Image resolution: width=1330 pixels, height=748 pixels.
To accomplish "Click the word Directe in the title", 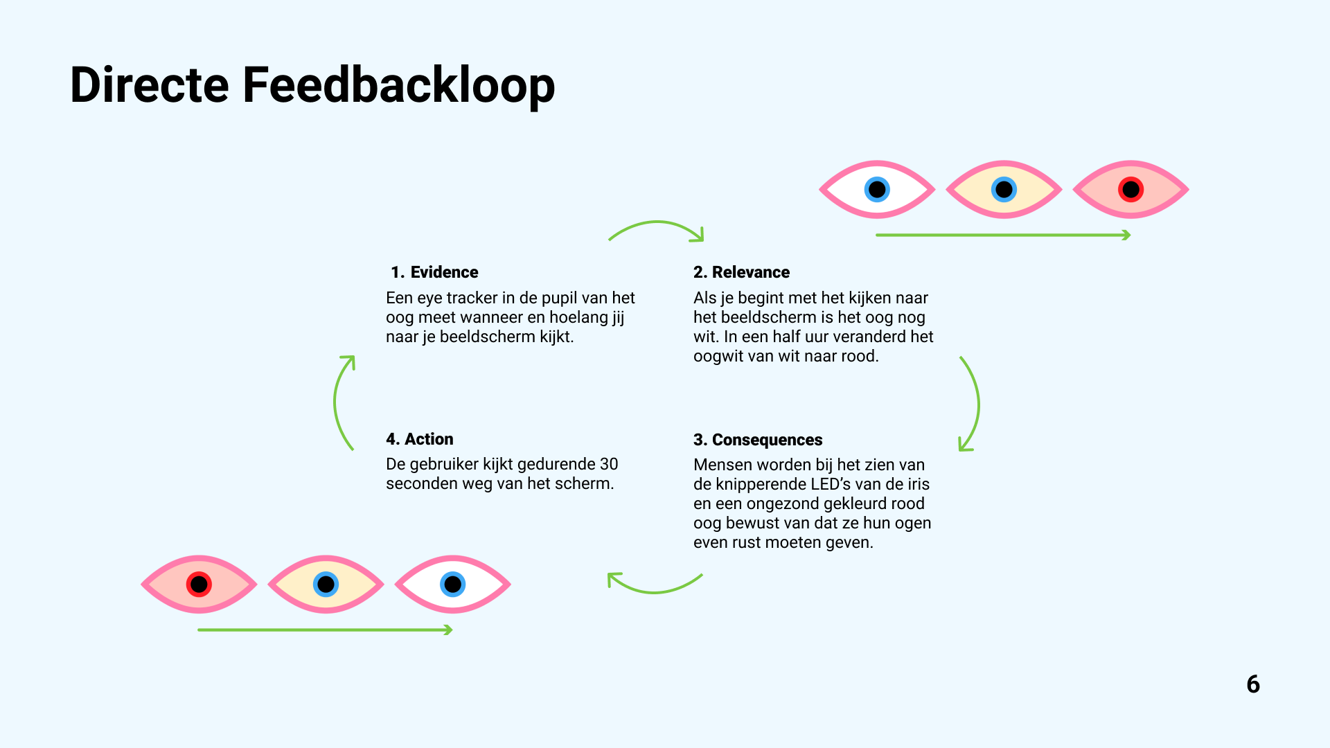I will tap(149, 85).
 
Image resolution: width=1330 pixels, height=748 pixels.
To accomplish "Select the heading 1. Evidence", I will tap(434, 272).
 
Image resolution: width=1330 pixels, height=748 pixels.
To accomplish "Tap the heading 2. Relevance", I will tap(741, 272).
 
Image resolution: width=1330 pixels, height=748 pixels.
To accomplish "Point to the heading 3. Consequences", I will tap(758, 440).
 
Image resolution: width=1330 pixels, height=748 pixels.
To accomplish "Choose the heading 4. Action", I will tap(420, 439).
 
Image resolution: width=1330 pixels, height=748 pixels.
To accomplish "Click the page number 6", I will tap(1253, 684).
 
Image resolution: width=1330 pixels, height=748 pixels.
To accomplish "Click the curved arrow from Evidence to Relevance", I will tap(656, 224).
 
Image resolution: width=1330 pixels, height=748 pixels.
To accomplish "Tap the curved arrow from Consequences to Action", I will tap(655, 590).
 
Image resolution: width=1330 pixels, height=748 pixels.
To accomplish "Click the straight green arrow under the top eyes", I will tap(1002, 235).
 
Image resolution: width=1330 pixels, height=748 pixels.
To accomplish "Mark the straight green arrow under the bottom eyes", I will tap(324, 630).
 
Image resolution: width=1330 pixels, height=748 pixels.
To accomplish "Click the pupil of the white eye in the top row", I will tap(877, 189).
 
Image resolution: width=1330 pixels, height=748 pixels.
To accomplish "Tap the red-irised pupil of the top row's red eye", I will tap(1130, 189).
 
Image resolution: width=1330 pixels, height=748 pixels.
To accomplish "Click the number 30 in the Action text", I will tap(609, 464).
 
